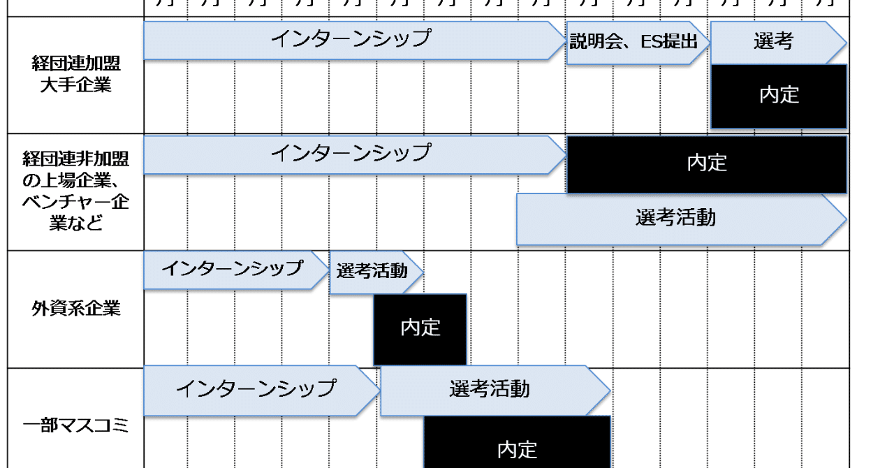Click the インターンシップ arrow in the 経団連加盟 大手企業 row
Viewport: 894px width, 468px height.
click(x=351, y=40)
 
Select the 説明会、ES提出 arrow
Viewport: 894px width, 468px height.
click(x=634, y=42)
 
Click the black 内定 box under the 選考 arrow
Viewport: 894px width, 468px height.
click(x=779, y=96)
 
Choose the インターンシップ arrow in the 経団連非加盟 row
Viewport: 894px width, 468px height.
click(x=351, y=154)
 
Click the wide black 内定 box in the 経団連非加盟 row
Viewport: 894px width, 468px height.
click(x=707, y=163)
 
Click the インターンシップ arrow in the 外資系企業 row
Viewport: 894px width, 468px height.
click(x=233, y=270)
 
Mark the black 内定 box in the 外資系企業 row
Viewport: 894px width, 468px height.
click(x=420, y=328)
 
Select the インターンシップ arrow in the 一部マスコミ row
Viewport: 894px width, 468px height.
click(x=257, y=388)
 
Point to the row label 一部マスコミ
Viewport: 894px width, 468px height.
click(x=75, y=425)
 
